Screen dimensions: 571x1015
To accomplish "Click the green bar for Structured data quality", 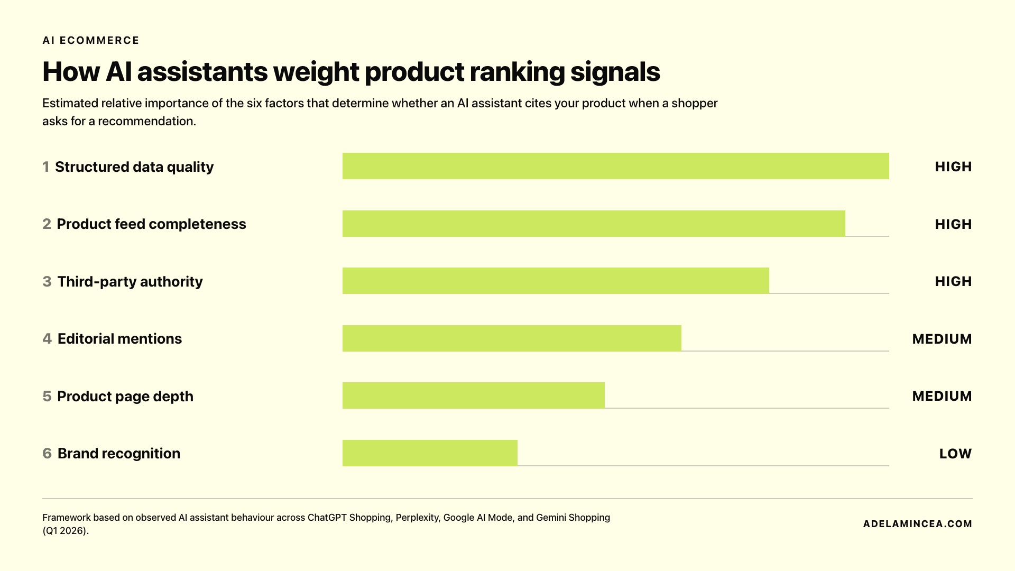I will coord(615,166).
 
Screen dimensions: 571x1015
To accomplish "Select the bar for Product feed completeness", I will coord(594,224).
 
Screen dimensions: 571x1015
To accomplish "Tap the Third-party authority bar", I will coord(556,281).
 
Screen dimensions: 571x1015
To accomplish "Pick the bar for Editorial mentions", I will coord(512,338).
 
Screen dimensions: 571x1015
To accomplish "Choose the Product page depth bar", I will coord(473,395).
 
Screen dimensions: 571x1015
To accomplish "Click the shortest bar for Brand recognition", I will coord(430,453).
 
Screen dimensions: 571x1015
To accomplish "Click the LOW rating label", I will coord(955,454).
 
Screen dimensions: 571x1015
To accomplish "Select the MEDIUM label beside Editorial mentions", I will coord(942,339).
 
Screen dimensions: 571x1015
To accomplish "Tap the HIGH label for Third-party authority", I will coord(953,281).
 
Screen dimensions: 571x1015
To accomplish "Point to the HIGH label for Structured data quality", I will coord(953,167).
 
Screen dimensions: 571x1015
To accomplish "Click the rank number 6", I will coord(47,454).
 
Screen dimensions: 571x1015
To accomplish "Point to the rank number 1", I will coord(46,167).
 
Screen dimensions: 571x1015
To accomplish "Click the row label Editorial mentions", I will coord(119,339).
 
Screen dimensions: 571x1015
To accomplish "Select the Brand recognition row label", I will coord(118,454).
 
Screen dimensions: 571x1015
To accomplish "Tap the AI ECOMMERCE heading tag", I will coord(91,41).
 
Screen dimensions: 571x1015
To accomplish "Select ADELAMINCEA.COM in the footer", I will coord(917,524).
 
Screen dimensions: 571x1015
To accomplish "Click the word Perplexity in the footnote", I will coord(417,518).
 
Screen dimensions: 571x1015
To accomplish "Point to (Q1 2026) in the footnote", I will coord(65,531).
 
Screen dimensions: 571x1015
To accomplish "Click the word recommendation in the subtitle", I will coord(146,121).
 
